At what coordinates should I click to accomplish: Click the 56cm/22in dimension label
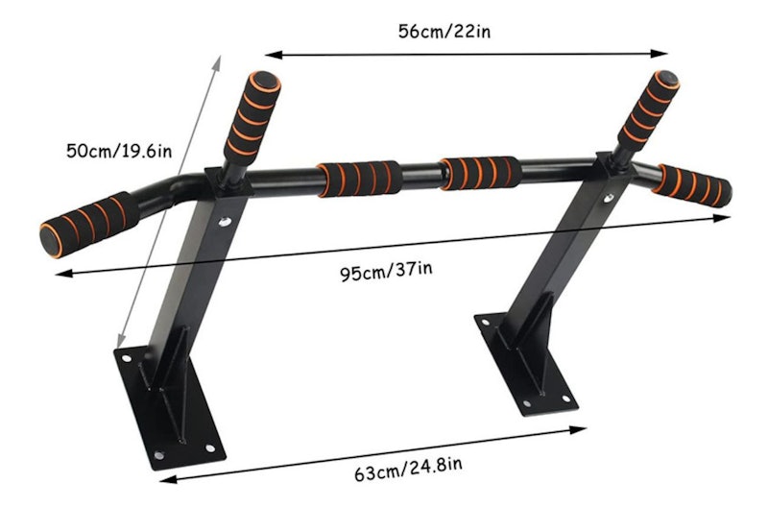click(x=444, y=32)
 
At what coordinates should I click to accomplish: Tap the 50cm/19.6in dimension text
click(x=119, y=151)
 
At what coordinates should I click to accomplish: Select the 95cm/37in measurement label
click(x=387, y=272)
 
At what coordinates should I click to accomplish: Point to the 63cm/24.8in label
click(x=408, y=470)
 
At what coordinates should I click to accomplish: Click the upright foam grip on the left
click(x=252, y=117)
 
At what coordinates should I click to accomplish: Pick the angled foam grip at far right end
click(x=692, y=185)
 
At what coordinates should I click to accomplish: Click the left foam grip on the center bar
click(x=360, y=179)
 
